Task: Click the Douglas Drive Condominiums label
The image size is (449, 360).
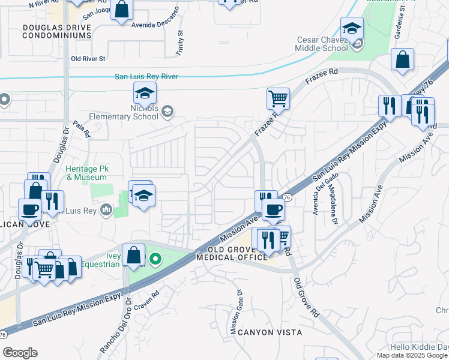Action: (x=56, y=31)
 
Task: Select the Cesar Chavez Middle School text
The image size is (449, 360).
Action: (x=322, y=44)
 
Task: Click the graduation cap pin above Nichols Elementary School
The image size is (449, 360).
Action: (x=145, y=94)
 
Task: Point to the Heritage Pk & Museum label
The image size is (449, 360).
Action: (x=87, y=173)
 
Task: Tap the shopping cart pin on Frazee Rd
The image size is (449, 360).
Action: (x=278, y=98)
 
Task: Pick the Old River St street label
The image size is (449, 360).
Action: (x=88, y=59)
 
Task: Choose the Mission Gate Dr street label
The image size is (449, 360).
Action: (x=235, y=312)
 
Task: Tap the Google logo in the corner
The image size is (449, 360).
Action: (x=20, y=353)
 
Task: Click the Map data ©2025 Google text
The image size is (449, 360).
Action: (x=412, y=355)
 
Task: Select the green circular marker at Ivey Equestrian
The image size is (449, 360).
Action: (x=155, y=259)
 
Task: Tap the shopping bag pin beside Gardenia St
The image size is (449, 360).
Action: (x=402, y=59)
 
